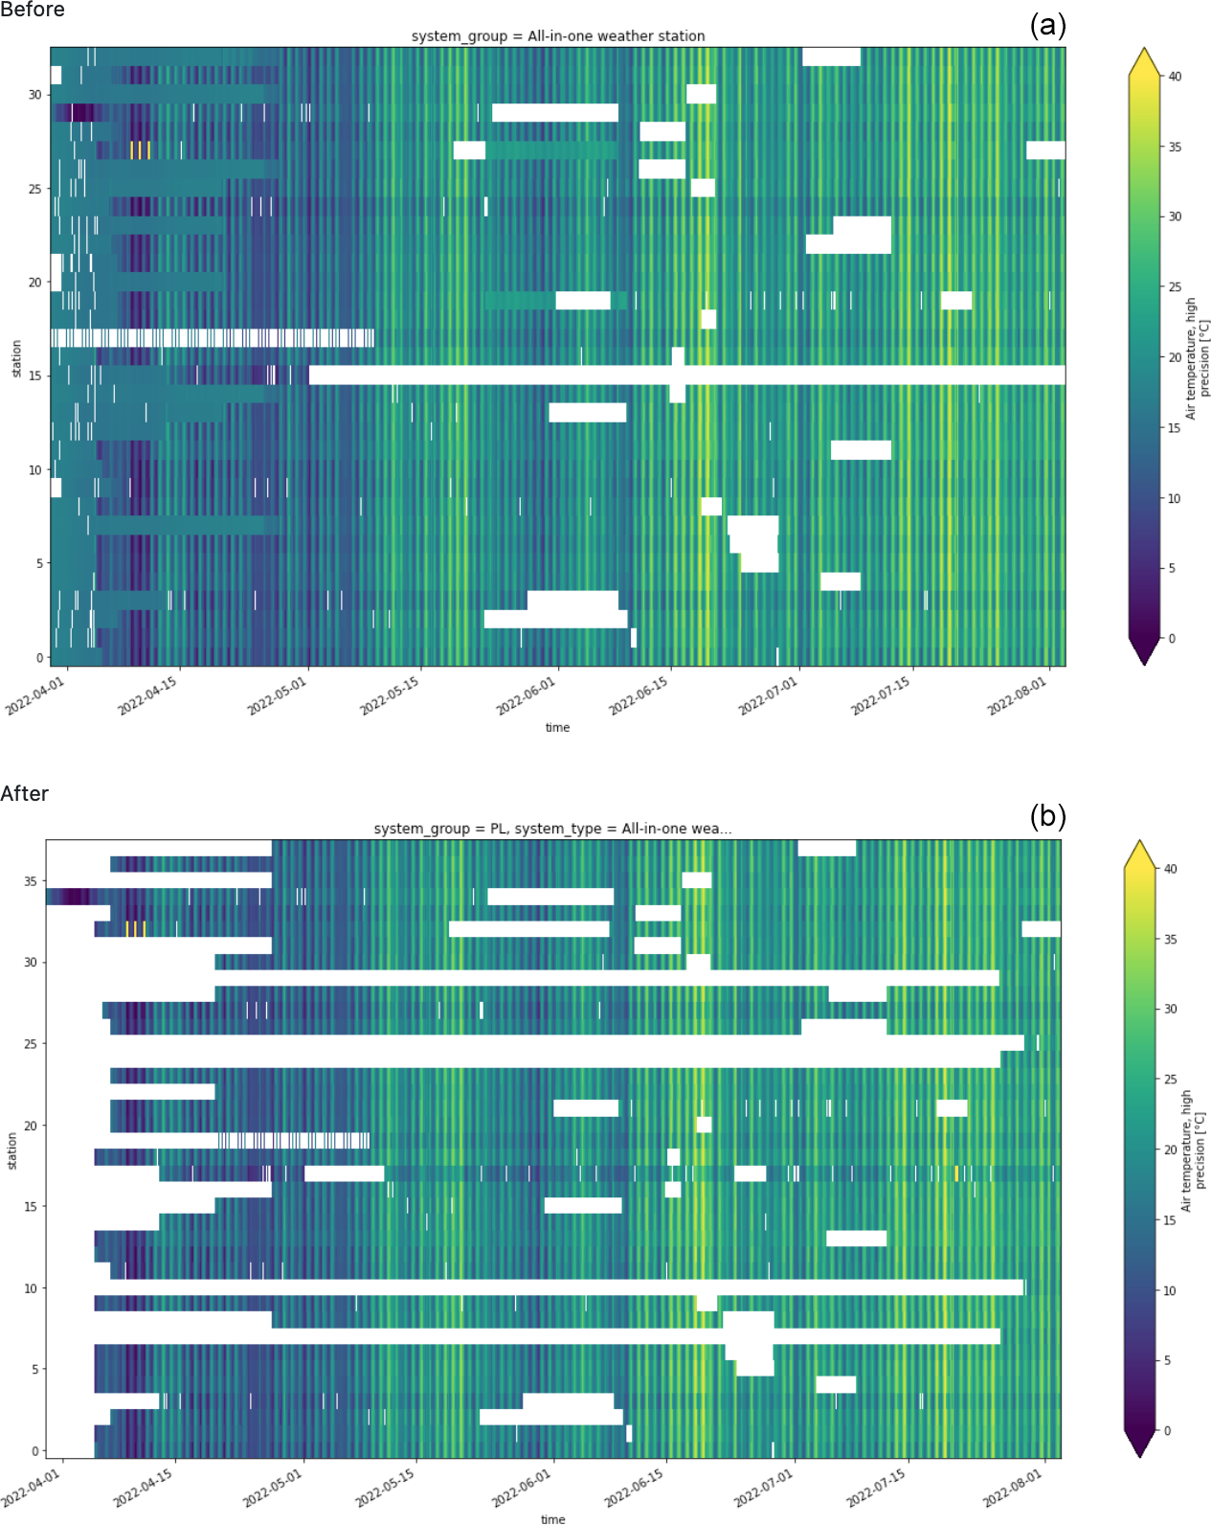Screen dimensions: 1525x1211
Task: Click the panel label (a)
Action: coord(1047,25)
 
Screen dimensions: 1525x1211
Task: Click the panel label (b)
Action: coord(1047,816)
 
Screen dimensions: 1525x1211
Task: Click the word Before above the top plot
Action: coord(33,10)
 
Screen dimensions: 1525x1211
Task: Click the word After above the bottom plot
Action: coord(24,794)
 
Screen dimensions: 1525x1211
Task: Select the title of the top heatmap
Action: coord(558,36)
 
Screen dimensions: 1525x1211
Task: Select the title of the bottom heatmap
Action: coord(552,829)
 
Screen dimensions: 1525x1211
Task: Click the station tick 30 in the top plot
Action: coord(35,95)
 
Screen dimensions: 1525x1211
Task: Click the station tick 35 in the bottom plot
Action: coord(31,881)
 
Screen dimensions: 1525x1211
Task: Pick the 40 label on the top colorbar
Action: coord(1175,77)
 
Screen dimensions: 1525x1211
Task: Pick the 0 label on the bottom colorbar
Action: coord(1167,1431)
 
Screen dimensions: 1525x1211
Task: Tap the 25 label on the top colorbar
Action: coord(1175,287)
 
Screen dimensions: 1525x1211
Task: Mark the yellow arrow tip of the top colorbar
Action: coord(1144,50)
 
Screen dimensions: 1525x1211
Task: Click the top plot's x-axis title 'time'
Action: coord(557,728)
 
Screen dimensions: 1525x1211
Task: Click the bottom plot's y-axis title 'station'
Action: coord(12,1150)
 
